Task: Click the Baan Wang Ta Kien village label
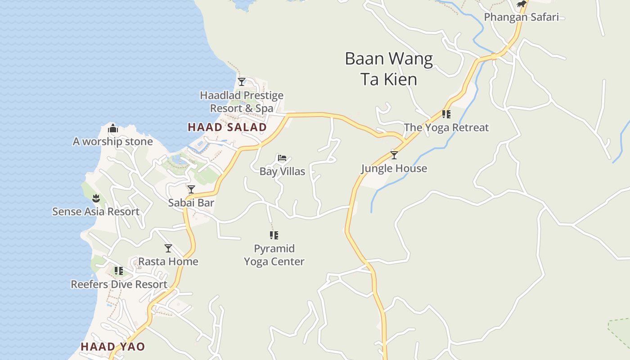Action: [389, 69]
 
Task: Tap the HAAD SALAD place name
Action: [227, 127]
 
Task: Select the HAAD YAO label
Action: [112, 346]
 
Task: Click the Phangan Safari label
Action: [521, 18]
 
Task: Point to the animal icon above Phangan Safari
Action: [521, 4]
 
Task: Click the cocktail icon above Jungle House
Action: [394, 155]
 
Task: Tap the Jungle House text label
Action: [394, 169]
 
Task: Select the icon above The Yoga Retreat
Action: [446, 114]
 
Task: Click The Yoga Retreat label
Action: [446, 128]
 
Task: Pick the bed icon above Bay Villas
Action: [282, 158]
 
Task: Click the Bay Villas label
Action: [282, 171]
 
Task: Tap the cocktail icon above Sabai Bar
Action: [191, 189]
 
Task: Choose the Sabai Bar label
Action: [191, 203]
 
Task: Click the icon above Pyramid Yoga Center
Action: [274, 235]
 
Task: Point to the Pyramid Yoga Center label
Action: [274, 255]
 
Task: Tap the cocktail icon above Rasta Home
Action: [168, 248]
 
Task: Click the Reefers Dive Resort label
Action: [119, 284]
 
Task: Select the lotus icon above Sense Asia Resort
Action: [96, 198]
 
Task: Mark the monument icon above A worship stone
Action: [112, 129]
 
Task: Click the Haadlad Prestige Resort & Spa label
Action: [242, 102]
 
